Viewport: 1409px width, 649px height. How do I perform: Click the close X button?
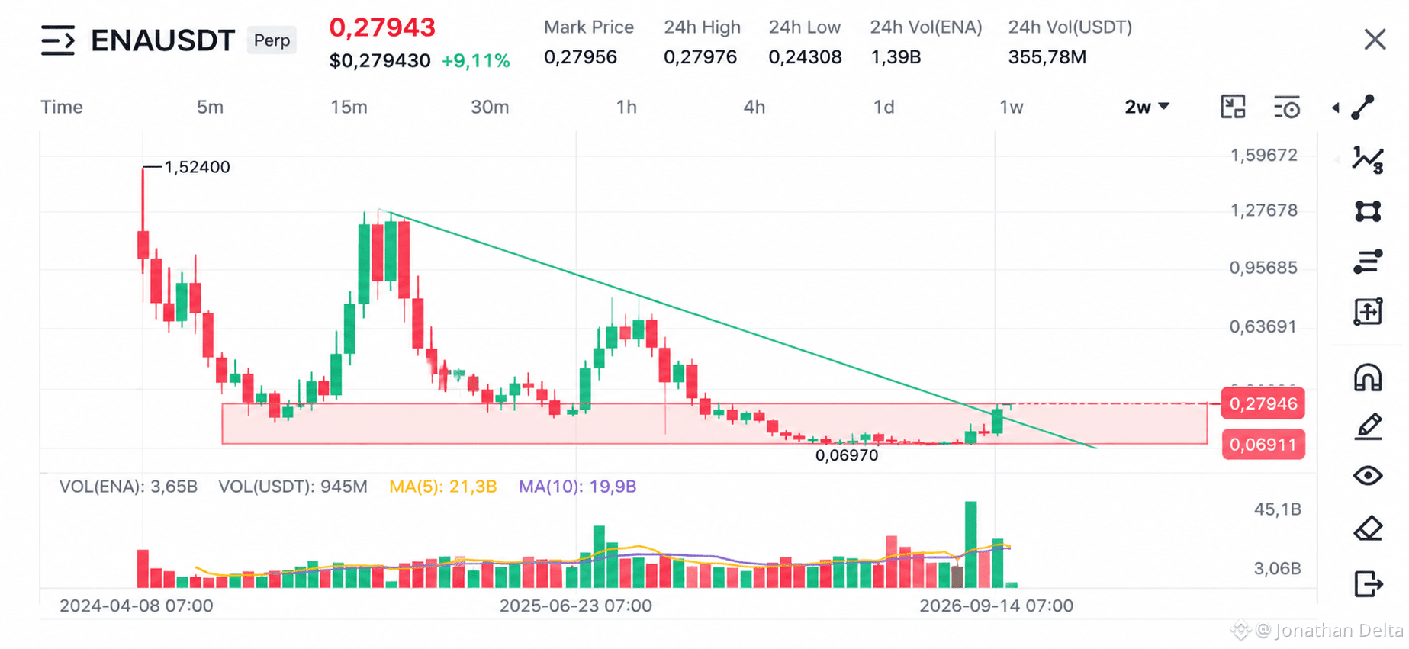[1375, 40]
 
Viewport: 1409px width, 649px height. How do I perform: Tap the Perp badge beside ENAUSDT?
[272, 40]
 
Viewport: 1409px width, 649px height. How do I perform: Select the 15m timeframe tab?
[349, 107]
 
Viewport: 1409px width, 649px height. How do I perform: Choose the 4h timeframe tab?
[754, 107]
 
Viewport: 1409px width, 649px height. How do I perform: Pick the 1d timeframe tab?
[883, 107]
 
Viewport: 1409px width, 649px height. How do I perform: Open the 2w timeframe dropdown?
[1147, 107]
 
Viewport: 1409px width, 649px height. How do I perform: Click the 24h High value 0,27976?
[700, 57]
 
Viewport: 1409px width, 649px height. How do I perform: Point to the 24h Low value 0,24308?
[805, 57]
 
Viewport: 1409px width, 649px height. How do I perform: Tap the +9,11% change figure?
[476, 61]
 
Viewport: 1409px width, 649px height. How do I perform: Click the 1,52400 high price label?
[197, 167]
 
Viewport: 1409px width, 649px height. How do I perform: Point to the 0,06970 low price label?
[847, 455]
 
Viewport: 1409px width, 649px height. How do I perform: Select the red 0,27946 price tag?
[1263, 403]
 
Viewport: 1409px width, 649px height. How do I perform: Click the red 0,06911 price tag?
[1263, 445]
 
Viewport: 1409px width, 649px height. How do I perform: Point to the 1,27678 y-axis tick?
[1263, 210]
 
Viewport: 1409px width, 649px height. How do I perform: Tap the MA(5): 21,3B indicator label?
[442, 487]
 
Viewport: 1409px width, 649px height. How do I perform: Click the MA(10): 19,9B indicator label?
[577, 487]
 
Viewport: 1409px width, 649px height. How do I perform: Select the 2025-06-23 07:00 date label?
[575, 606]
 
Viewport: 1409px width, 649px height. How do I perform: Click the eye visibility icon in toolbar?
[1368, 476]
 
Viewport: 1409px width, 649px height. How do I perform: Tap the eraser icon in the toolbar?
[1368, 529]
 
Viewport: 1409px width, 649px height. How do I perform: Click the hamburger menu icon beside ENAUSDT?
[58, 40]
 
